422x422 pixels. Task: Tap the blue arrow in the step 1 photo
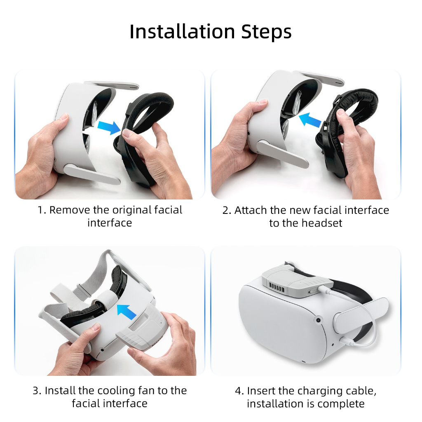(x=109, y=127)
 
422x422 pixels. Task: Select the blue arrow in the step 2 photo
(x=310, y=119)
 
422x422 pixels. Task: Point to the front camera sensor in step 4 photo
(x=319, y=320)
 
